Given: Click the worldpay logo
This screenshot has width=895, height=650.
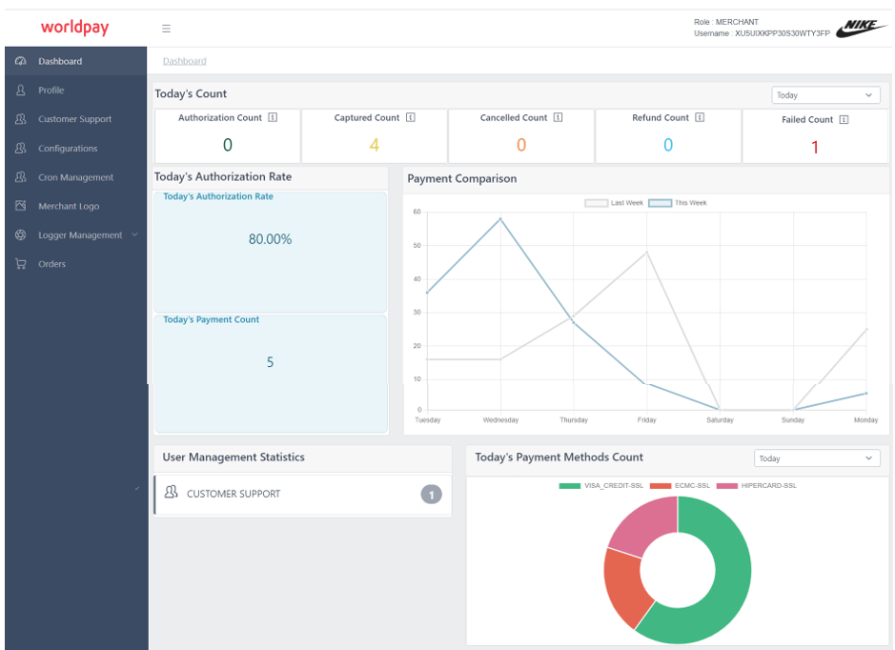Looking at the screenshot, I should click(74, 28).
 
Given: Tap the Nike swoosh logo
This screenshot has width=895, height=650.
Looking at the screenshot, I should click(861, 29).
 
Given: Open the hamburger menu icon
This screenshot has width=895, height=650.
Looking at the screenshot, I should click(166, 29).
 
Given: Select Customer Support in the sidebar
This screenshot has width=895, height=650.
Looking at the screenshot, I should click(74, 119).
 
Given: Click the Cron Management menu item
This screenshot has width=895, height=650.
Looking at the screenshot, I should click(75, 177).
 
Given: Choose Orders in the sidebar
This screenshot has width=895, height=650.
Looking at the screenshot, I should click(51, 264).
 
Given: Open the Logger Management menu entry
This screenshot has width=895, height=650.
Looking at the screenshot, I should click(80, 235).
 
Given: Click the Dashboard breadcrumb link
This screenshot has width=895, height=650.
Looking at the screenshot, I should click(184, 61).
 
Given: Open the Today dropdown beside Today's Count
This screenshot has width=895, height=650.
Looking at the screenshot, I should click(825, 95).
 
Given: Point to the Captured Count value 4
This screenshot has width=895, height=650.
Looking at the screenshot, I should click(374, 145).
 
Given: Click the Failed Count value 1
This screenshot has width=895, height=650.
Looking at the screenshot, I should click(815, 147).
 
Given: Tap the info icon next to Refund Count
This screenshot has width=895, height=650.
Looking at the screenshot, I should click(700, 118).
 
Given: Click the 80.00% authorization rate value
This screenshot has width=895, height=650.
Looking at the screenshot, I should click(270, 239).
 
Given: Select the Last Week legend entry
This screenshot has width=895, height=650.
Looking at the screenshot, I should click(614, 203).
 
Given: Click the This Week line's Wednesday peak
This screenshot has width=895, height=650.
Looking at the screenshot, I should click(500, 219).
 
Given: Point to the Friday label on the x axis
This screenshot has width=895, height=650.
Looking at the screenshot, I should click(647, 420).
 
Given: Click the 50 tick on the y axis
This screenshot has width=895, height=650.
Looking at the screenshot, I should click(417, 246).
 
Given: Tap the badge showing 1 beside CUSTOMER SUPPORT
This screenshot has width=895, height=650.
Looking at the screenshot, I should click(431, 495).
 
